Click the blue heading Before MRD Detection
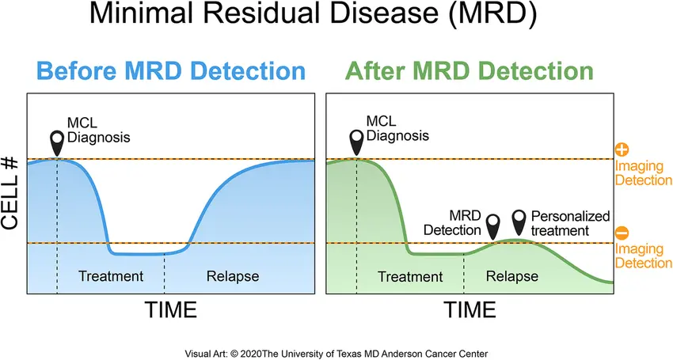[171, 70]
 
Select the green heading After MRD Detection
[470, 70]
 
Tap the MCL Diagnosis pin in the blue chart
[57, 143]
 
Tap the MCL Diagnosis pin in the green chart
[356, 142]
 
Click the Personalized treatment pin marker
[519, 222]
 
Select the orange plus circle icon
[622, 150]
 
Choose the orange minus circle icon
[622, 233]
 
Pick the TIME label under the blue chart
[170, 310]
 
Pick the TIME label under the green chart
[470, 310]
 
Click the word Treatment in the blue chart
[111, 276]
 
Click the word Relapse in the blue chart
[233, 276]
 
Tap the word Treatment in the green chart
[410, 277]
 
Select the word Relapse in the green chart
[512, 276]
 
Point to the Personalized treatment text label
[570, 223]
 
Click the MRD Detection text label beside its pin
[452, 222]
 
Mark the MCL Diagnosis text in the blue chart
[98, 130]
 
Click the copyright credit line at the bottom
[336, 354]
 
